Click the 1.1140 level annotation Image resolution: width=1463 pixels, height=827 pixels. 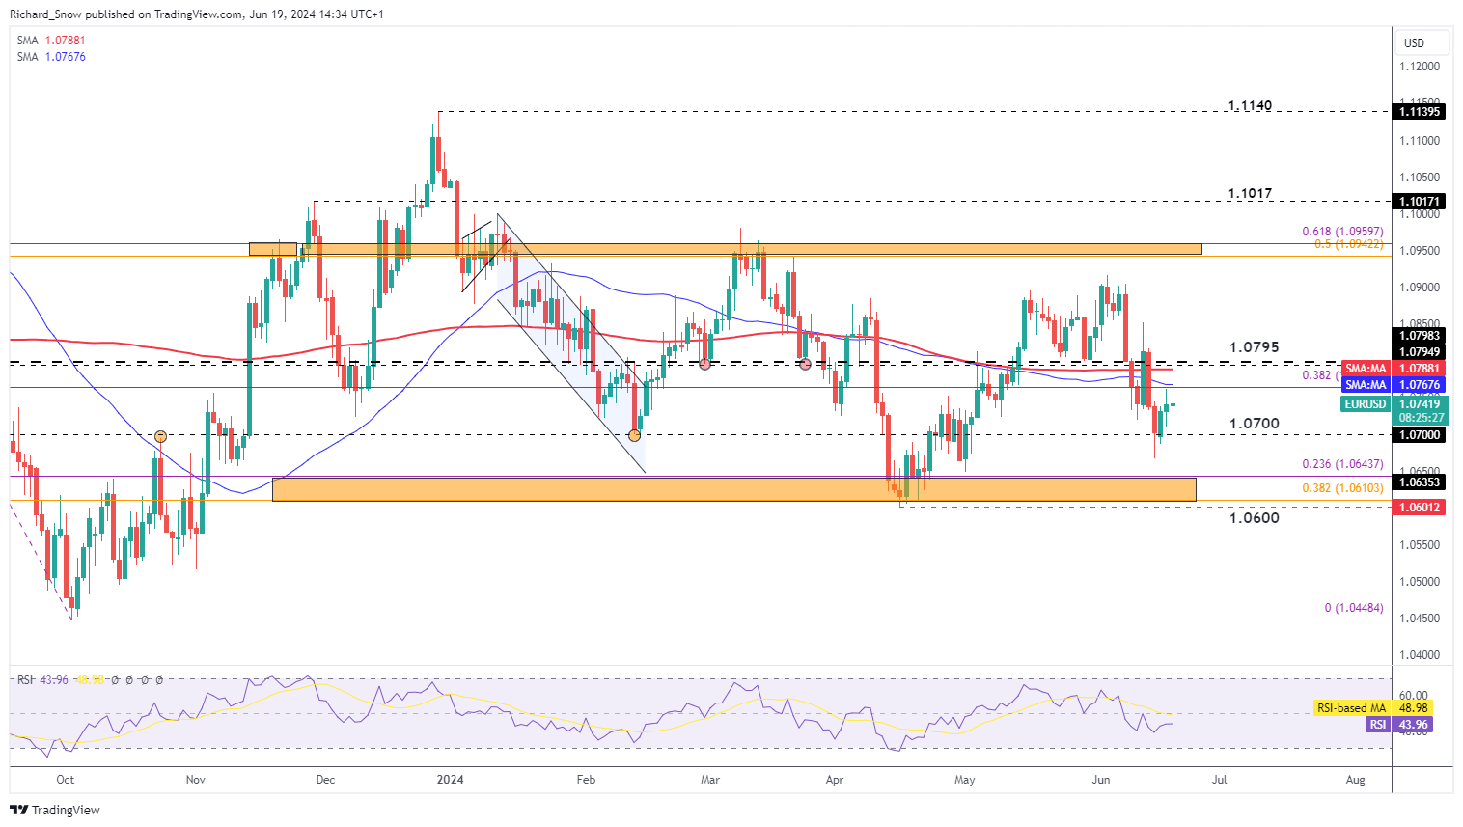coord(1250,105)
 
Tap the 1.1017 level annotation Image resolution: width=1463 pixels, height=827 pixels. coord(1250,193)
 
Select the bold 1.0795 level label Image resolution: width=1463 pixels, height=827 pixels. coord(1254,346)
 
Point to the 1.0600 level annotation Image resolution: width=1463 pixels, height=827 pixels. coord(1254,518)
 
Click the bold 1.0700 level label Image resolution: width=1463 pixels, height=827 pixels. coord(1254,424)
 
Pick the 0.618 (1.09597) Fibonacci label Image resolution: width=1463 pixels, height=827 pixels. coord(1342,232)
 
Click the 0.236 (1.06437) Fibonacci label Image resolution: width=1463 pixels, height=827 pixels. coord(1342,464)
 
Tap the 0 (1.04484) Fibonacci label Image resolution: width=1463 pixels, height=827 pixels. coord(1353,608)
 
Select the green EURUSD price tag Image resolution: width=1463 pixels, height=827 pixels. coord(1365,404)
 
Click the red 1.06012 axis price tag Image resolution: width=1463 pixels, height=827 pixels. coord(1421,508)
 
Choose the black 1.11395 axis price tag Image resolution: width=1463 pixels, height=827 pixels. coord(1421,112)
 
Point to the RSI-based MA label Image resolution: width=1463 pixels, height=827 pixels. coord(1351,708)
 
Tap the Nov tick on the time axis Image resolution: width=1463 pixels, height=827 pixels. coord(195,779)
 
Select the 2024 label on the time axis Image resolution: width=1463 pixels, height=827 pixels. coord(450,779)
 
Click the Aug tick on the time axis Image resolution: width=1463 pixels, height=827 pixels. coord(1355,779)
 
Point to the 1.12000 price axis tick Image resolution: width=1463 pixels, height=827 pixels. coord(1419,67)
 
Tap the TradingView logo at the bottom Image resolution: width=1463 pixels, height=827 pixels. coord(55,810)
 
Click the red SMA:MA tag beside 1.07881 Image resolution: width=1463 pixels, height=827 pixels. coord(1366,369)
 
